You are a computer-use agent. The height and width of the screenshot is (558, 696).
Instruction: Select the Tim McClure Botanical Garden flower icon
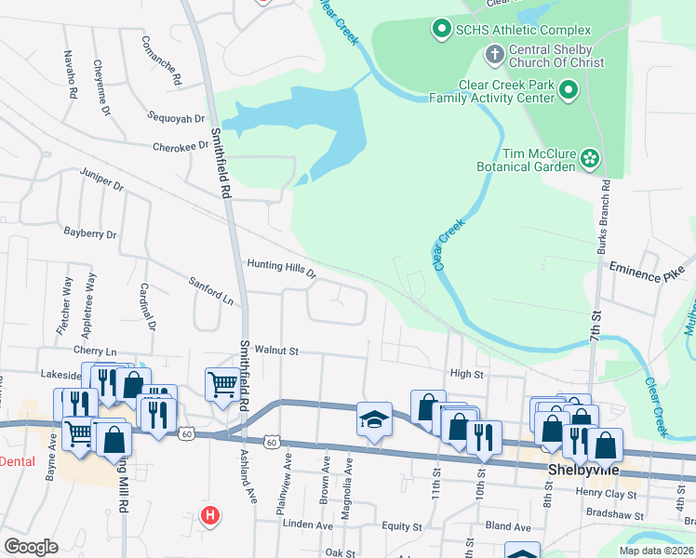tap(589, 159)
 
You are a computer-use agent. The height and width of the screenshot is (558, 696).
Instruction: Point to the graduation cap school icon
tap(373, 420)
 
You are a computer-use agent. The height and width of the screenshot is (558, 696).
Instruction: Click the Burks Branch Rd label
tap(606, 215)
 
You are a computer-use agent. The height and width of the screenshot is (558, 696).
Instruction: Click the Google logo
tap(31, 547)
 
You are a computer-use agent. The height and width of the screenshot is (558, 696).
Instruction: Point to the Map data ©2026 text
tap(656, 551)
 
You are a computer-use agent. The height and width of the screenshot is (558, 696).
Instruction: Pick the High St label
tap(467, 374)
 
